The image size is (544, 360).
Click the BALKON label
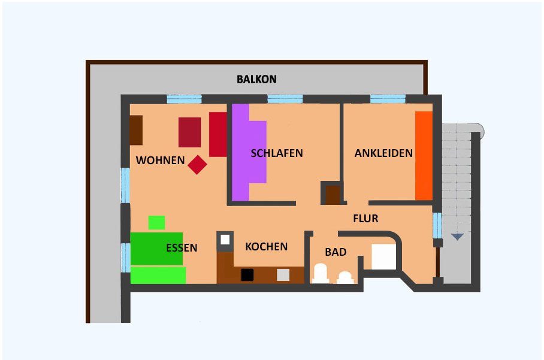[x=257, y=80]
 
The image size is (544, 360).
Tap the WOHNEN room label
[x=161, y=161]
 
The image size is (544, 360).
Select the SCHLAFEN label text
[x=277, y=153]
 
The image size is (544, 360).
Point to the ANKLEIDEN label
[x=383, y=153]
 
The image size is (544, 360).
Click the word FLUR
[x=365, y=219]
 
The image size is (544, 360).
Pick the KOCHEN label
[x=267, y=247]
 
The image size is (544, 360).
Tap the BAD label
[x=336, y=252]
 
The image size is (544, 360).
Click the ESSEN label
[x=182, y=247]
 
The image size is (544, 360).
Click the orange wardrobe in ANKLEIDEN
[x=424, y=156]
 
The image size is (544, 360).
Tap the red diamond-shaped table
[x=197, y=165]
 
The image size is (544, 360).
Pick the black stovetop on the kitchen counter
[x=247, y=275]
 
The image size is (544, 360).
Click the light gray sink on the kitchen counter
[x=283, y=275]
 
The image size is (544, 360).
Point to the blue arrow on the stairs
[x=458, y=237]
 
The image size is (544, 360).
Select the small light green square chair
[x=156, y=223]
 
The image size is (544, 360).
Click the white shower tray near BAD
[x=383, y=256]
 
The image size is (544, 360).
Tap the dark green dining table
[x=156, y=249]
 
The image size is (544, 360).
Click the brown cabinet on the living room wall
[x=136, y=130]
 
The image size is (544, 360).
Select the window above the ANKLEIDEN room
[x=388, y=99]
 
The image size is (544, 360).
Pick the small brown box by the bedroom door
[x=333, y=195]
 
